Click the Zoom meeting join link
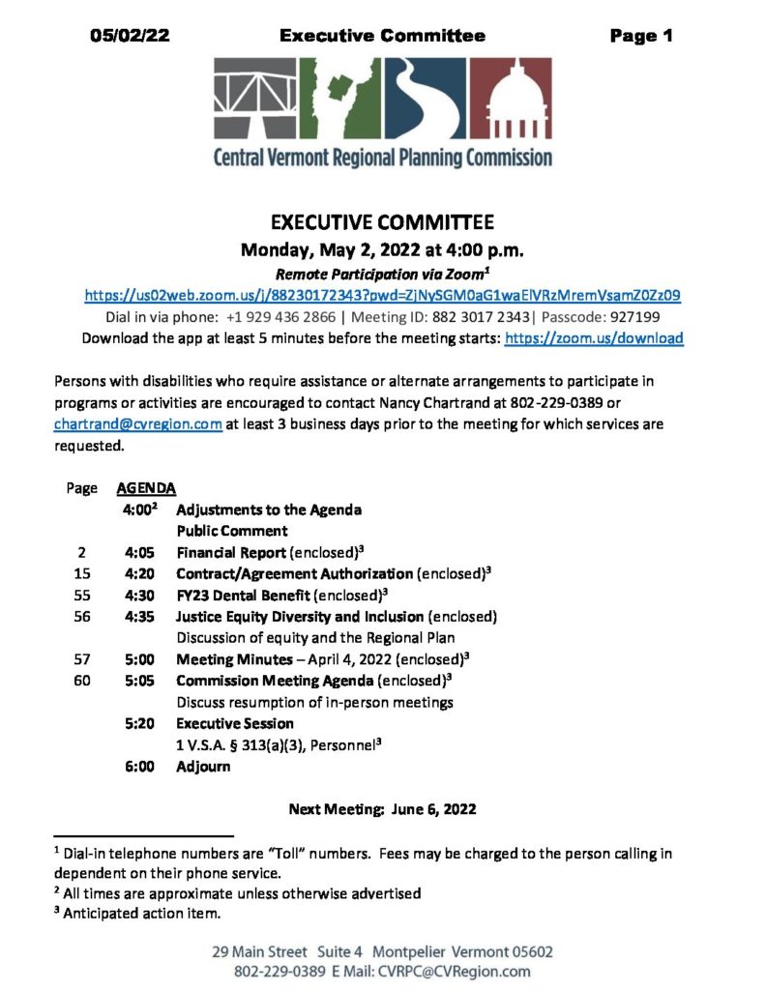point(383,296)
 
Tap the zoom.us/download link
point(594,338)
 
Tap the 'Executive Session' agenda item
point(235,723)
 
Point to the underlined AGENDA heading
point(145,489)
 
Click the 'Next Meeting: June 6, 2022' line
point(382,808)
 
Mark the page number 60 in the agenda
point(82,681)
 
